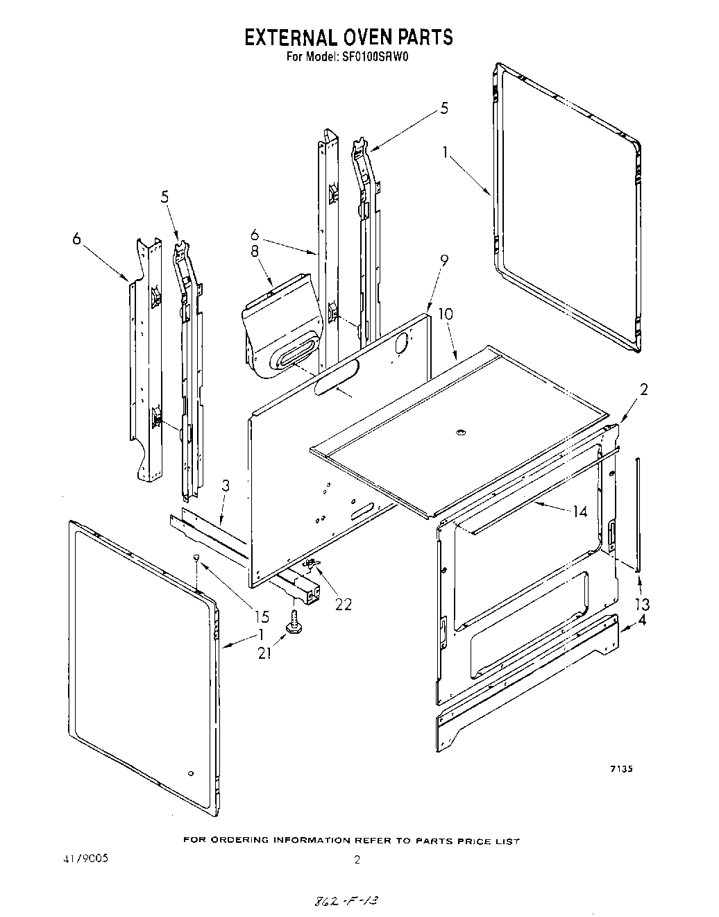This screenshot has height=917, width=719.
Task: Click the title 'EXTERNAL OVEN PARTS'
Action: (348, 36)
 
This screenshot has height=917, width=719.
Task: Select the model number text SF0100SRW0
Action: (375, 58)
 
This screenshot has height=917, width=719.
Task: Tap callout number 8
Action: (254, 251)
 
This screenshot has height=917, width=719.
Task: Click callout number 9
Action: (443, 260)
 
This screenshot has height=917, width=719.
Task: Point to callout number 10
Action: (445, 314)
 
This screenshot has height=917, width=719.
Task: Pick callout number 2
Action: (643, 390)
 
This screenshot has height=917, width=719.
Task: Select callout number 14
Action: (580, 512)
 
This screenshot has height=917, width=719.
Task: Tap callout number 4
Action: (642, 620)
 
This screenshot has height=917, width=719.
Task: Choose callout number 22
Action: (343, 604)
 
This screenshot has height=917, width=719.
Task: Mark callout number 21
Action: (264, 653)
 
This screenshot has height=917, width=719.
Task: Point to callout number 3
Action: (225, 485)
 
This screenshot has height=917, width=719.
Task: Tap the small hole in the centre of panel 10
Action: (459, 433)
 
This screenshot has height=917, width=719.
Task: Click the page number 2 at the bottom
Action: (357, 860)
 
